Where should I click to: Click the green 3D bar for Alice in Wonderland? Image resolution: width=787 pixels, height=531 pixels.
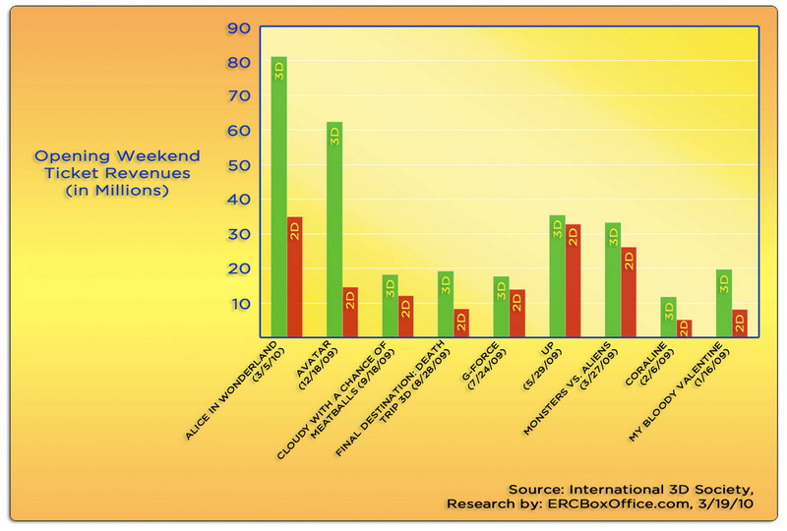[279, 197]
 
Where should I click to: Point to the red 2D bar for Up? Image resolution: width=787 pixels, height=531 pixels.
[574, 281]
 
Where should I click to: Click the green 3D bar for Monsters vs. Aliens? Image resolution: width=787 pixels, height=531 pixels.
[612, 280]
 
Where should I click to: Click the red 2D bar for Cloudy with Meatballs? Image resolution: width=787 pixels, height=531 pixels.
[406, 316]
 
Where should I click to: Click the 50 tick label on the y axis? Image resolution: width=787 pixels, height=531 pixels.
[240, 165]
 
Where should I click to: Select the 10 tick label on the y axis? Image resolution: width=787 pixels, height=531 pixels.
[240, 303]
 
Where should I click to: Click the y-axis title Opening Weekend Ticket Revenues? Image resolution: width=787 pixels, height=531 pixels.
[117, 173]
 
